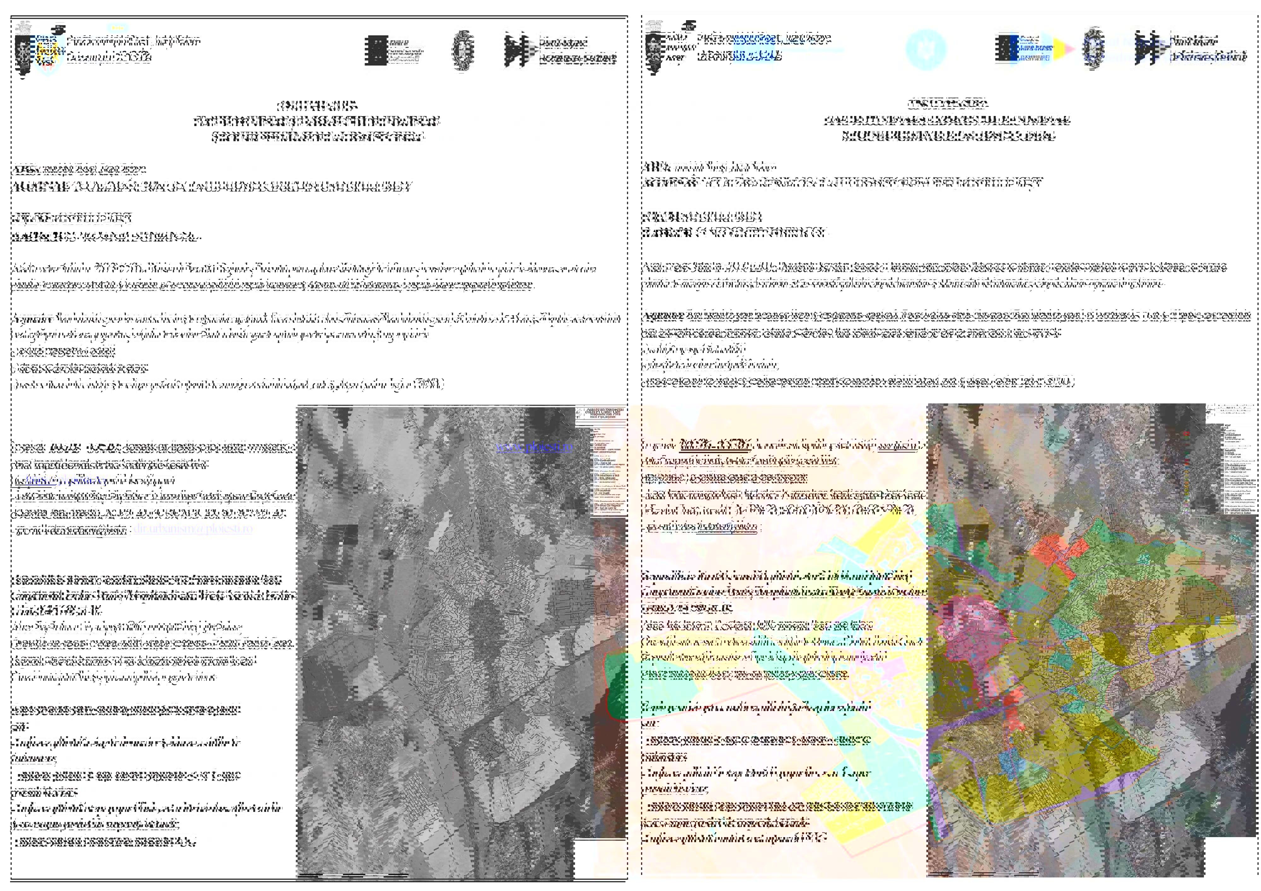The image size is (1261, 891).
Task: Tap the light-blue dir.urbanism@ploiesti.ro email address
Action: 193,529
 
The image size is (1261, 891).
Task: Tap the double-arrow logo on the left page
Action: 517,50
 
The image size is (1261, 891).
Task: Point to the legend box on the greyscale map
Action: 601,461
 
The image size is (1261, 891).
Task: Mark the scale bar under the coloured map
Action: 983,873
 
